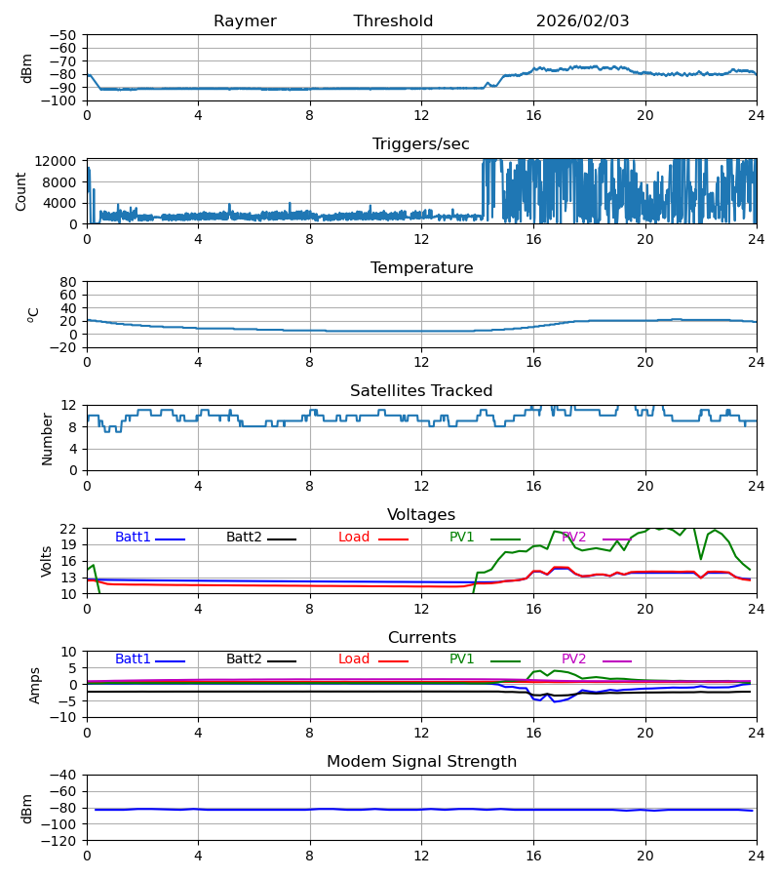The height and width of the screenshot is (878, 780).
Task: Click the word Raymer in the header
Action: pyautogui.click(x=245, y=21)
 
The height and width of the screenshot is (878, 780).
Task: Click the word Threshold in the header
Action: pyautogui.click(x=393, y=21)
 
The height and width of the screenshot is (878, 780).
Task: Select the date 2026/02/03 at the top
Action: pyautogui.click(x=582, y=21)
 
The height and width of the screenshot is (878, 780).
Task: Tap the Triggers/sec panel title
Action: pyautogui.click(x=421, y=144)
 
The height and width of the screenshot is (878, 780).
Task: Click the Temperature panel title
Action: pyautogui.click(x=421, y=268)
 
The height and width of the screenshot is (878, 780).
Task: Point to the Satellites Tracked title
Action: pyautogui.click(x=421, y=391)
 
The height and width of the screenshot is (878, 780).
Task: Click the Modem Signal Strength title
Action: pyautogui.click(x=421, y=762)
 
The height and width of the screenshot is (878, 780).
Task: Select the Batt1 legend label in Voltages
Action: pyautogui.click(x=133, y=538)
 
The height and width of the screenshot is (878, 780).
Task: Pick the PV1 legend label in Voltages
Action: pyautogui.click(x=462, y=538)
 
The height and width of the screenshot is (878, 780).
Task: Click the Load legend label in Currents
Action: pyautogui.click(x=355, y=659)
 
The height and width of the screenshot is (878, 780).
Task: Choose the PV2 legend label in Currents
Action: pyautogui.click(x=574, y=659)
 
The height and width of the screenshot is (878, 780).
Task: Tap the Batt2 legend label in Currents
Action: pyautogui.click(x=244, y=659)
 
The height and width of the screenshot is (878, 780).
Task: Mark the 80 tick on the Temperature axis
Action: pyautogui.click(x=69, y=282)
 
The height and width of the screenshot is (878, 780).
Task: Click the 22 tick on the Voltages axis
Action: pyautogui.click(x=69, y=529)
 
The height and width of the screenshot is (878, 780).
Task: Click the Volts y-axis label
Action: pyautogui.click(x=47, y=561)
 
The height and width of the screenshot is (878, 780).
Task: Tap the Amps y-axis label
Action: pyautogui.click(x=36, y=685)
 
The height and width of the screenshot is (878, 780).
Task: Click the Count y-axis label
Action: pyautogui.click(x=21, y=191)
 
